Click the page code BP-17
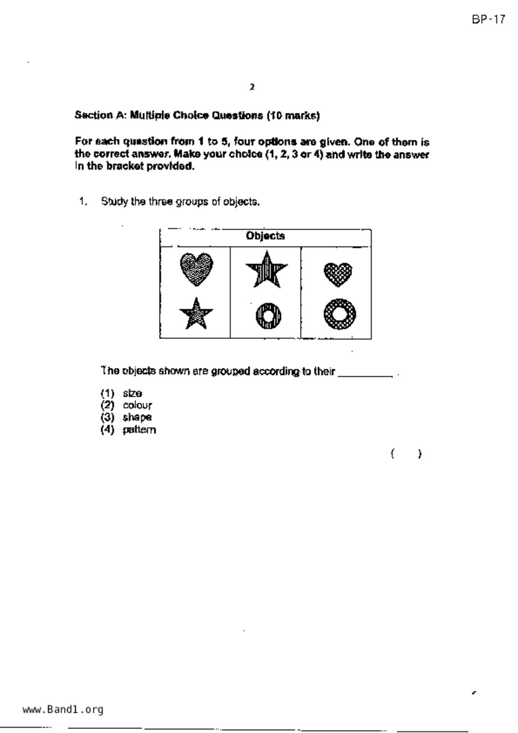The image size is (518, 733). [488, 19]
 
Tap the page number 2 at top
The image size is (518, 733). [252, 87]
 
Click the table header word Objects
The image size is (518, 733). [265, 236]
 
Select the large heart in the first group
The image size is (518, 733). [196, 269]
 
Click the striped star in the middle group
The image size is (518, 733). [266, 270]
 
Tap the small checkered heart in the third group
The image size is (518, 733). [338, 274]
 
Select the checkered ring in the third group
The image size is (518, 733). [339, 314]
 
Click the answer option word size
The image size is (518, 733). [133, 393]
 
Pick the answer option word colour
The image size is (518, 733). [138, 405]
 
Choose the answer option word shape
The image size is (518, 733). [137, 417]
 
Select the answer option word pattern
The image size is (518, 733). [139, 430]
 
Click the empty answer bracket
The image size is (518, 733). [406, 453]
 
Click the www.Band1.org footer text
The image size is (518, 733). [63, 710]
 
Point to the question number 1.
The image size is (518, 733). [83, 201]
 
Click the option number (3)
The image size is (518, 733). [107, 417]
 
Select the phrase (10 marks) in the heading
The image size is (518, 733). [293, 115]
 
